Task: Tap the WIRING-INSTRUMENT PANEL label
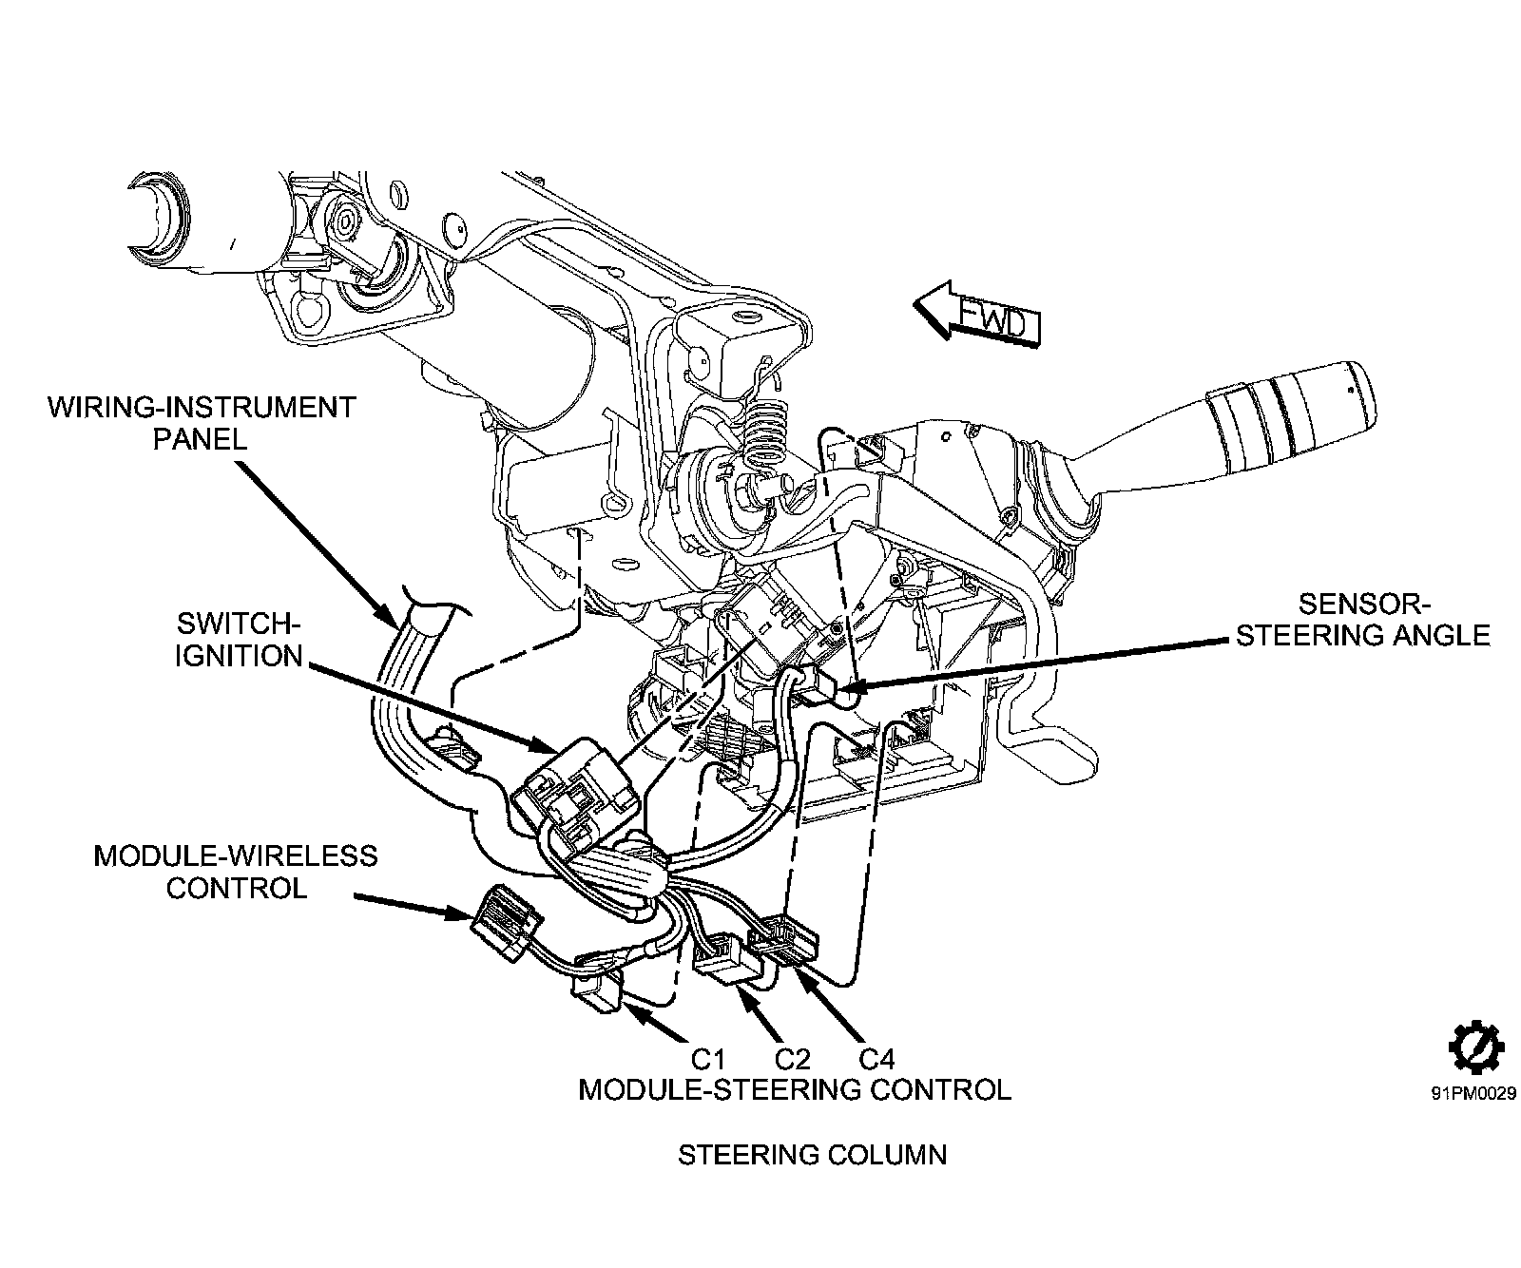(x=201, y=423)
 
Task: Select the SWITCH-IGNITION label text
(x=238, y=640)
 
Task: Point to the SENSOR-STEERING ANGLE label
(x=1362, y=620)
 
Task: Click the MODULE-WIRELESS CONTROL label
(x=235, y=872)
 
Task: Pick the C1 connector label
(x=708, y=1059)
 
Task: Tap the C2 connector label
(x=792, y=1059)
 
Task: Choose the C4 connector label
(x=876, y=1059)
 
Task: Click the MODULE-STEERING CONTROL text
(x=795, y=1089)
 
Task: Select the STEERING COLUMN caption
(x=812, y=1155)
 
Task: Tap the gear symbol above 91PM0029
(x=1475, y=1050)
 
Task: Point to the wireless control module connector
(x=507, y=922)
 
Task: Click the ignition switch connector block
(x=576, y=795)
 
